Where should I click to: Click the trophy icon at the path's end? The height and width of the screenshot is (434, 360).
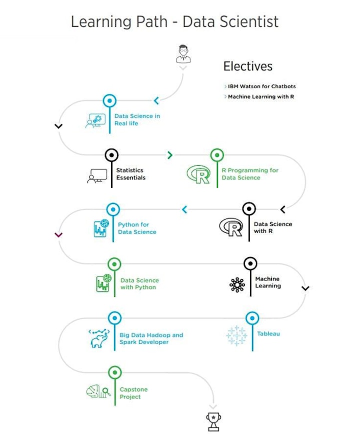pos(213,421)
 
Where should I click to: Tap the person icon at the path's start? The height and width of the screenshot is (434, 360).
pos(183,53)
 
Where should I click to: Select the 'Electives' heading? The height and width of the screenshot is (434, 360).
pos(248,66)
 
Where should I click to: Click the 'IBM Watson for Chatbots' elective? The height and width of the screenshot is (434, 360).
pos(262,86)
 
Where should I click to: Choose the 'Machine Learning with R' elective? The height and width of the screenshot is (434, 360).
pos(261,96)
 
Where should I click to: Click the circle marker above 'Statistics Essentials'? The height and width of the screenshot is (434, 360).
pos(111,155)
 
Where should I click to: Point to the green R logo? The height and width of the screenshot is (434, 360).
pos(198,174)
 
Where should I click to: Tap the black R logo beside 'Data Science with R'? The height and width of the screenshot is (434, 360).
pos(231,227)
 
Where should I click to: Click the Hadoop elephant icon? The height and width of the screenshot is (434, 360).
pos(99,338)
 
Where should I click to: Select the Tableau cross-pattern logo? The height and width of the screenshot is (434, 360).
pos(236,335)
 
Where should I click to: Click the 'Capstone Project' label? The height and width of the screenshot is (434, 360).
pos(133,393)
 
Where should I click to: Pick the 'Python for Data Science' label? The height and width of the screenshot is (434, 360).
pos(137,228)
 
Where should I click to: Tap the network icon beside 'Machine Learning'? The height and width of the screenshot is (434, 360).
pos(237,285)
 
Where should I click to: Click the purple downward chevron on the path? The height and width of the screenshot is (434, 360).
pos(58,235)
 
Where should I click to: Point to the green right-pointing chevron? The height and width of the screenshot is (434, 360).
pos(170,155)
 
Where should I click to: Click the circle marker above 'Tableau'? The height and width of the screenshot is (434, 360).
pos(252,318)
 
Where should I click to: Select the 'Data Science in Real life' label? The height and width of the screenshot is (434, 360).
pos(137,119)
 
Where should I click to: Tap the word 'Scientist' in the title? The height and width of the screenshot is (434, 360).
pos(249,21)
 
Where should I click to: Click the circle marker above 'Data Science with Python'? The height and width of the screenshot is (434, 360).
pos(114,264)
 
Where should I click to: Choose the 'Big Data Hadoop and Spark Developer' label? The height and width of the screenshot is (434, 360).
pos(151,338)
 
